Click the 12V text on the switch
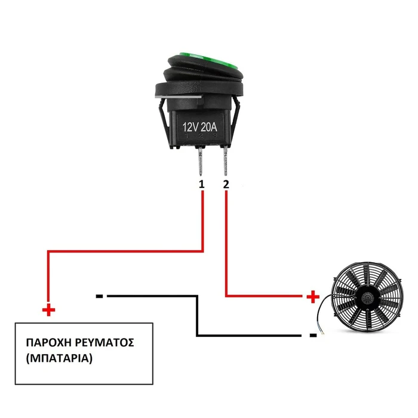(x=190, y=127)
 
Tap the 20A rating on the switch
(x=209, y=127)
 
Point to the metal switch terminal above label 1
(x=201, y=161)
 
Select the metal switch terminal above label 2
(x=226, y=161)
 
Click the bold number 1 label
(x=202, y=184)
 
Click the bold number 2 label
(x=226, y=184)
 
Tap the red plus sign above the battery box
(x=48, y=310)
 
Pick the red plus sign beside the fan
(x=313, y=297)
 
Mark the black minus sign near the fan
(x=313, y=336)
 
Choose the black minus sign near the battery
(x=99, y=296)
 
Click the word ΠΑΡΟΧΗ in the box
(x=48, y=343)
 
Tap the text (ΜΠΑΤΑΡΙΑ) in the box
(x=59, y=358)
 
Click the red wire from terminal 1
(x=125, y=251)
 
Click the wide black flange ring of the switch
(x=199, y=90)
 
